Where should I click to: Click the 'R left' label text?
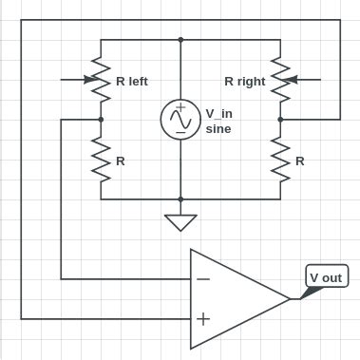click(131, 82)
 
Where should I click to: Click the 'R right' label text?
click(244, 82)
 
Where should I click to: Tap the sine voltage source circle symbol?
click(180, 119)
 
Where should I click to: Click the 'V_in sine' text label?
click(220, 120)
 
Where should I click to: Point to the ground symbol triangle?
click(180, 222)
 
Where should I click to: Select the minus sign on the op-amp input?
click(202, 279)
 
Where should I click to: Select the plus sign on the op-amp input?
click(202, 318)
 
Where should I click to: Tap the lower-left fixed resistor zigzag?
click(101, 160)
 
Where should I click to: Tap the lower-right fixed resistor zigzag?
click(280, 160)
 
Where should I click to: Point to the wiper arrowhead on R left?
click(90, 80)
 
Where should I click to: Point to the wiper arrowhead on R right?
click(291, 80)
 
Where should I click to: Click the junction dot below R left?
click(101, 120)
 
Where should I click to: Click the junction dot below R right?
click(280, 120)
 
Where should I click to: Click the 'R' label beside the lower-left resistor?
click(120, 161)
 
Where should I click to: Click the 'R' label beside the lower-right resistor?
click(299, 161)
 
